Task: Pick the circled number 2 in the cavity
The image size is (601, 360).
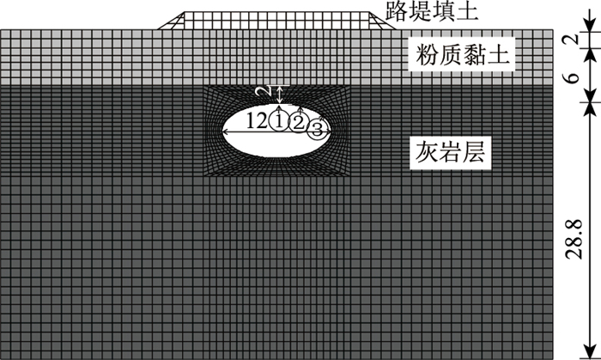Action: point(298,123)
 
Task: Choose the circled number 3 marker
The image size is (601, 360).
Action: point(317,130)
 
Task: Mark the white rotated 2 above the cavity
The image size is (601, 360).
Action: point(268,91)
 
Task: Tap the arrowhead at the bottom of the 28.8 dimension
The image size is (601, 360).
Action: point(568,353)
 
